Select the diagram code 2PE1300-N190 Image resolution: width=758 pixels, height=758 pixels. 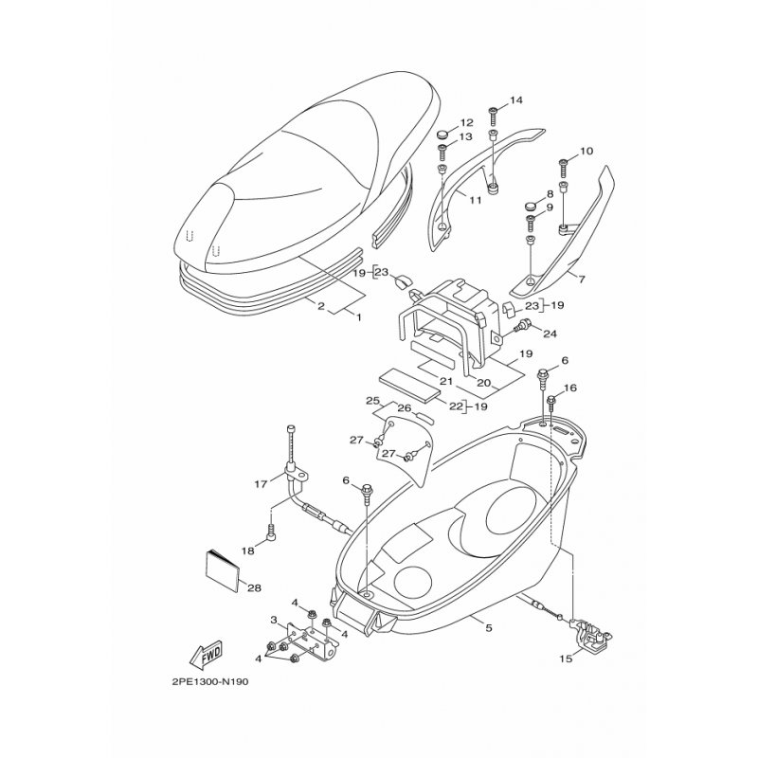click(x=209, y=682)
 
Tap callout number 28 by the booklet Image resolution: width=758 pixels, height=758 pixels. click(x=255, y=587)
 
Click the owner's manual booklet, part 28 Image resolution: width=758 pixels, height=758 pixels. click(x=223, y=570)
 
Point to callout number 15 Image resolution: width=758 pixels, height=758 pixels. click(x=566, y=658)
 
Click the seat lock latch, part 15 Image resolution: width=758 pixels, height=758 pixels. click(x=590, y=633)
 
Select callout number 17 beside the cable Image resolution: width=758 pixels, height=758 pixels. click(x=261, y=484)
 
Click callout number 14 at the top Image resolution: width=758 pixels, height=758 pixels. click(x=515, y=100)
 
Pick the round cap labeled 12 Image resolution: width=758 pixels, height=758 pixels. click(x=443, y=134)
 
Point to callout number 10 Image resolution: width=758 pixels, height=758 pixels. click(x=586, y=152)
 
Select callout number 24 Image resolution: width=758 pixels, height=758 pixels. click(x=550, y=334)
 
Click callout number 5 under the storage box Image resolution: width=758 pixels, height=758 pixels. click(x=489, y=628)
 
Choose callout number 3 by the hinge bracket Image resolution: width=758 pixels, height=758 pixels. click(x=274, y=620)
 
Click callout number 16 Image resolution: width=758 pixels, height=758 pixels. click(x=570, y=388)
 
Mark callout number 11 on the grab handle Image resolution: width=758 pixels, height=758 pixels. click(x=476, y=199)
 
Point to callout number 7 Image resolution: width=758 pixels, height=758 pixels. click(x=582, y=280)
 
